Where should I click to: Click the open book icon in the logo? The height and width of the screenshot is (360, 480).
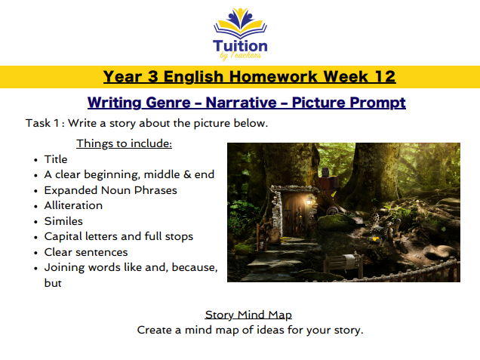pyautogui.click(x=239, y=27)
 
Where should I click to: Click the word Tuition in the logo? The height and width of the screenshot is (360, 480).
pyautogui.click(x=239, y=45)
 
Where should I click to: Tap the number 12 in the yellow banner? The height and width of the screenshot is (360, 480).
pyautogui.click(x=381, y=76)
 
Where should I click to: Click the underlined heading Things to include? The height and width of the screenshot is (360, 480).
pyautogui.click(x=124, y=143)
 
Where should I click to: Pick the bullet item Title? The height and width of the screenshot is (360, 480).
pyautogui.click(x=56, y=159)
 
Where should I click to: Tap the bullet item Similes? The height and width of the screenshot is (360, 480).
pyautogui.click(x=63, y=221)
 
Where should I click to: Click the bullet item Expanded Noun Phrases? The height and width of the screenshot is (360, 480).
pyautogui.click(x=111, y=190)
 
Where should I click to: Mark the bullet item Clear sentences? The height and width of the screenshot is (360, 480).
pyautogui.click(x=86, y=252)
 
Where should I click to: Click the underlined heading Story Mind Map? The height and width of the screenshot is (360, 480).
pyautogui.click(x=248, y=315)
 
